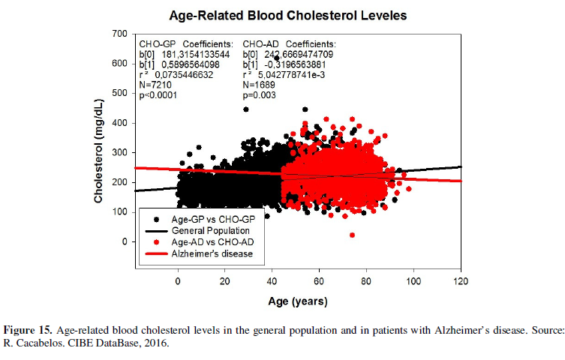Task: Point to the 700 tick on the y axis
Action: tap(119, 34)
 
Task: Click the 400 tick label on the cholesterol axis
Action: tap(119, 123)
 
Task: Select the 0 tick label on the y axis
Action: tap(124, 242)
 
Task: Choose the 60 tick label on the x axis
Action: tap(319, 282)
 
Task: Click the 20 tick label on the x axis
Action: tap(225, 282)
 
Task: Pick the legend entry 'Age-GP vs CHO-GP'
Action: tap(209, 218)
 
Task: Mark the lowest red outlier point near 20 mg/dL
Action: tap(352, 235)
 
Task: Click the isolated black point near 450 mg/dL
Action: tap(246, 109)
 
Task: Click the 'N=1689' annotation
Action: tap(260, 85)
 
